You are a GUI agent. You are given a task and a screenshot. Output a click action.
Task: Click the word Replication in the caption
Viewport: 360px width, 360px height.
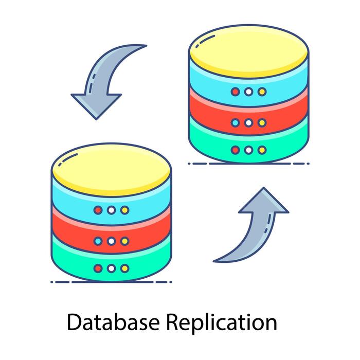pos(221,323)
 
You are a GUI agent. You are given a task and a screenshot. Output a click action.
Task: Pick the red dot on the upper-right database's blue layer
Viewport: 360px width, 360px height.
pos(236,92)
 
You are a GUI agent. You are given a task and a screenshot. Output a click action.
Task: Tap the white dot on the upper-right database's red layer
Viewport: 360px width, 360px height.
pos(249,123)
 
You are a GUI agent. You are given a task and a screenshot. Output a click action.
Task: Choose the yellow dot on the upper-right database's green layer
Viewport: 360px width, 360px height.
pos(262,150)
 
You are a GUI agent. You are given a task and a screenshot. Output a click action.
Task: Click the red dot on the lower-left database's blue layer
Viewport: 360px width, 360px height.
pos(98,210)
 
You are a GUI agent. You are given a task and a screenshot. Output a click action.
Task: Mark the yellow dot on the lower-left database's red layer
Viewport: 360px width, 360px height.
pos(124,241)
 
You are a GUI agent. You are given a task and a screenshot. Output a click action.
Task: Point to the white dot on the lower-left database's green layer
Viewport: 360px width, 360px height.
pos(111,268)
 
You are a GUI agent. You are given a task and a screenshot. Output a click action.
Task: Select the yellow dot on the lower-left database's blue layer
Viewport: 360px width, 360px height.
pos(124,210)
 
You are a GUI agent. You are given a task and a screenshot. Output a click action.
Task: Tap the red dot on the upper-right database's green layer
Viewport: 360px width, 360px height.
pos(236,150)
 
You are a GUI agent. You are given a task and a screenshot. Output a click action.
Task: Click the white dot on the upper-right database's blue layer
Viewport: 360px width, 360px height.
pos(249,92)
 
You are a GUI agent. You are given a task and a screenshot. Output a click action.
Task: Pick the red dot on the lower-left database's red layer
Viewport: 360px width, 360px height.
pos(98,241)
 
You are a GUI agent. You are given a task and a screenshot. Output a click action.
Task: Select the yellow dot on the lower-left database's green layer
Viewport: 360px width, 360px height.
pos(124,268)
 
